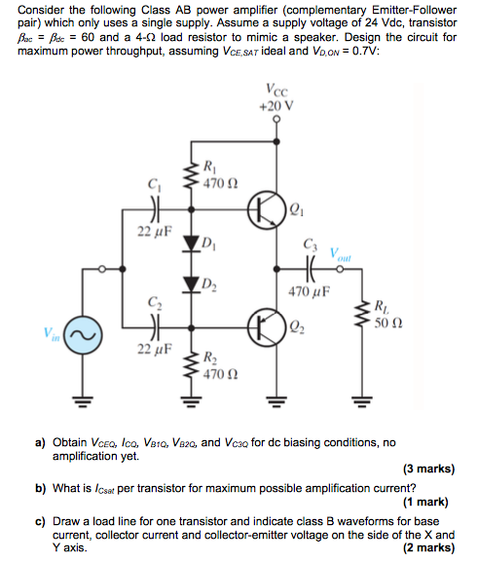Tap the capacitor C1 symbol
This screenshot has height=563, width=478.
[153, 208]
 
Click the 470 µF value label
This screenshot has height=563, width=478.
[313, 291]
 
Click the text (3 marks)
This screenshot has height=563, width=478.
[427, 469]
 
